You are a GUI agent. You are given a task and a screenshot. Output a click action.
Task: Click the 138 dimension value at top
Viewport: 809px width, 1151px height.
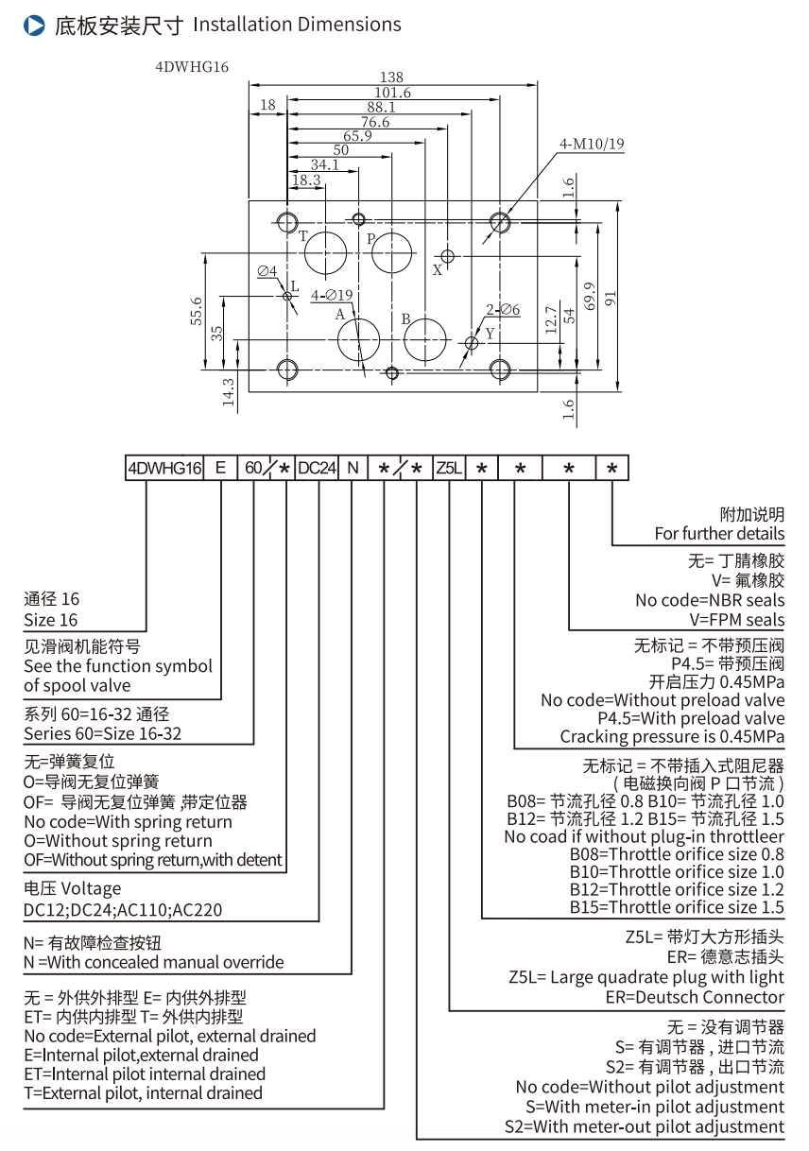pyautogui.click(x=391, y=77)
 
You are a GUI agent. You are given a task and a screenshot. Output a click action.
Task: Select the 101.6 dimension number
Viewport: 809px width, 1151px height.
pyautogui.click(x=392, y=93)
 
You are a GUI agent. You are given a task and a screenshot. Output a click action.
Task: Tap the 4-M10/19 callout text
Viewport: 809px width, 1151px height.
pyautogui.click(x=592, y=145)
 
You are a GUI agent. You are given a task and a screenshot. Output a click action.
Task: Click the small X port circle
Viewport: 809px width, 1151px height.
pyautogui.click(x=448, y=255)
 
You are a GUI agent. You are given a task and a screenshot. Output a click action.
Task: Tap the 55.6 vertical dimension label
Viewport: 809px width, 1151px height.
pyautogui.click(x=196, y=311)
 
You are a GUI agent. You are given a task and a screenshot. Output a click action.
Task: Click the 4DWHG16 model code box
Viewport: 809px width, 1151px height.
pyautogui.click(x=165, y=468)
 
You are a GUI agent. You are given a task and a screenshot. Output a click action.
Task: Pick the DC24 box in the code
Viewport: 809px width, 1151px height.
pyautogui.click(x=317, y=468)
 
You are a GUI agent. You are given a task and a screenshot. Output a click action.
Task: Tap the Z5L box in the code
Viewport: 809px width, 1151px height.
pyautogui.click(x=449, y=468)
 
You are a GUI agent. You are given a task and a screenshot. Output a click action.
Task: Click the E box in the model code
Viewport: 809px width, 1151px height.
pyautogui.click(x=219, y=468)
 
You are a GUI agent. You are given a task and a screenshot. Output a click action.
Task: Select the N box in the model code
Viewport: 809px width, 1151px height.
pyautogui.click(x=352, y=468)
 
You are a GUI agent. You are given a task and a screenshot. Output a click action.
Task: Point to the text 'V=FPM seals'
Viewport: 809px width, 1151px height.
pyautogui.click(x=737, y=620)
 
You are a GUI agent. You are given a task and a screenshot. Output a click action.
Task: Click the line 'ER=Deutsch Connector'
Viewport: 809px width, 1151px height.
pyautogui.click(x=695, y=997)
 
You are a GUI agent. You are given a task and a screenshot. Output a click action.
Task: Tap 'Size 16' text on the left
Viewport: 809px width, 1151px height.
pyautogui.click(x=51, y=620)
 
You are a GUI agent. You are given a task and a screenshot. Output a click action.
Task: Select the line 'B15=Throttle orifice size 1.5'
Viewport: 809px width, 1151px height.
pyautogui.click(x=677, y=907)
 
